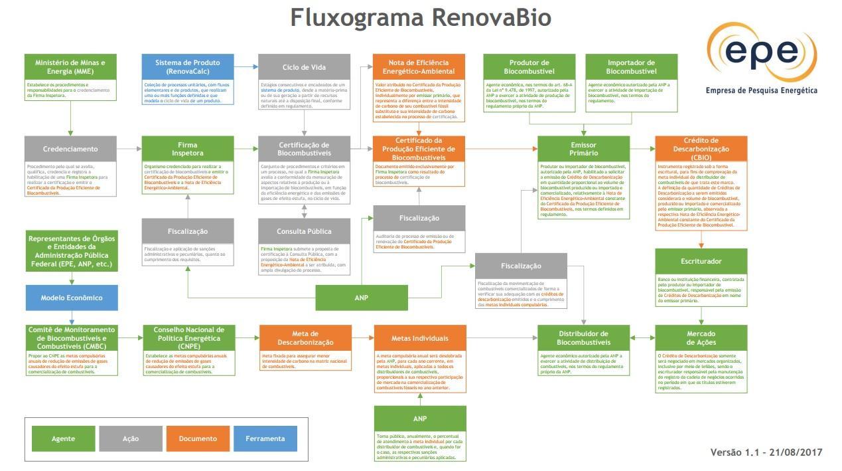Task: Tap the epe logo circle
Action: pos(761,52)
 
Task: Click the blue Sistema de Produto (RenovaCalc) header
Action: pos(188,67)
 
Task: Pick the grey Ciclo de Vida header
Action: pos(304,67)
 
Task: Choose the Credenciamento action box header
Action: pos(70,149)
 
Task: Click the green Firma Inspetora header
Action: pos(188,149)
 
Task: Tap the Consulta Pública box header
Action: pos(304,231)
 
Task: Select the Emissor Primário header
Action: pos(583,149)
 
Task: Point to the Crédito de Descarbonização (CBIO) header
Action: pos(701,149)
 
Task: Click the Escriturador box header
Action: pos(701,261)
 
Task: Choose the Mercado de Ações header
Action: pos(701,337)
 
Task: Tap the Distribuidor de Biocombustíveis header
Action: pos(583,337)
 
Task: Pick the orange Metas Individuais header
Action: pos(419,338)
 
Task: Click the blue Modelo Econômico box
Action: pos(72,298)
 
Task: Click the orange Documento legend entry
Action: pos(198,438)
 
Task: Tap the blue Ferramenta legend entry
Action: pos(265,438)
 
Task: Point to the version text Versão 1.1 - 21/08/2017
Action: pos(766,452)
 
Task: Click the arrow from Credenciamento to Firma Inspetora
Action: pos(129,149)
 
